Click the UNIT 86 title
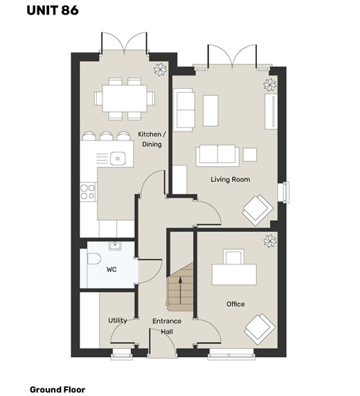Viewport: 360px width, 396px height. click(x=53, y=10)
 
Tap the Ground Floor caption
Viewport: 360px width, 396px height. click(x=57, y=390)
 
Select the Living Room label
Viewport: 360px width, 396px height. click(x=231, y=179)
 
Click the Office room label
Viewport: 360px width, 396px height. click(x=235, y=304)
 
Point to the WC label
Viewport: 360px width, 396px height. click(x=111, y=269)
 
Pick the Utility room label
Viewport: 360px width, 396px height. click(x=118, y=321)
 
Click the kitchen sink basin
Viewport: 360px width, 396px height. click(x=118, y=159)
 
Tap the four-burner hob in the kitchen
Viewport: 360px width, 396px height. click(x=88, y=192)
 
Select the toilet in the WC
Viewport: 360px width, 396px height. click(x=94, y=258)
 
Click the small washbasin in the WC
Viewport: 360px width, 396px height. click(x=115, y=246)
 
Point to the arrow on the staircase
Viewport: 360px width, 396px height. click(x=181, y=291)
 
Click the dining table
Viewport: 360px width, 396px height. click(x=125, y=98)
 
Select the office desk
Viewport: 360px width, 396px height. click(x=234, y=275)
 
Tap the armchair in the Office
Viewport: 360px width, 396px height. click(x=260, y=330)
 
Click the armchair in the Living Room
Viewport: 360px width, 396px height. click(x=258, y=210)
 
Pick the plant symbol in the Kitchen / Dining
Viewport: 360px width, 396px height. click(x=161, y=69)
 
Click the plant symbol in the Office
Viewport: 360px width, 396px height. click(x=270, y=241)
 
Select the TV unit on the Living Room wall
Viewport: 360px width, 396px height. click(x=271, y=111)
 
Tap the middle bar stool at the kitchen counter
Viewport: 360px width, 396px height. click(x=106, y=136)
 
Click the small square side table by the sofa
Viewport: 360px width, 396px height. click(x=250, y=154)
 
